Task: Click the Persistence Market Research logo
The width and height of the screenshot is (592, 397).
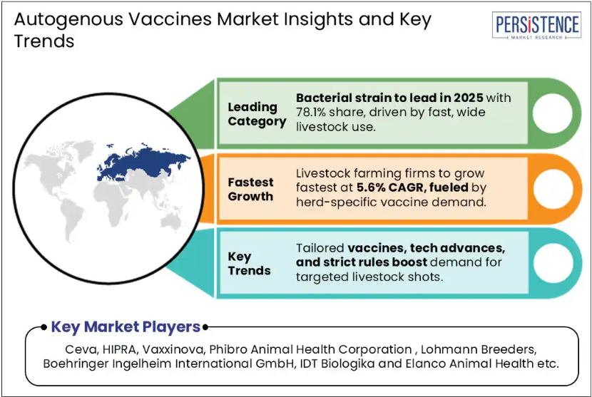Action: pyautogui.click(x=536, y=25)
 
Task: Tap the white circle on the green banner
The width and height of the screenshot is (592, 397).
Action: pyautogui.click(x=553, y=113)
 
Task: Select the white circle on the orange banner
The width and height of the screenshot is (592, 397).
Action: pyautogui.click(x=553, y=189)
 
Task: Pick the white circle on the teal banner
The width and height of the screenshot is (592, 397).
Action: pyautogui.click(x=553, y=263)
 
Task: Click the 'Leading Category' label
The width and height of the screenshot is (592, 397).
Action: pyautogui.click(x=257, y=114)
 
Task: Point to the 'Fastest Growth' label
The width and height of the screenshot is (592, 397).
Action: pyautogui.click(x=250, y=189)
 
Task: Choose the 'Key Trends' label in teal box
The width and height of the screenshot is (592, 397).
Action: pyautogui.click(x=249, y=264)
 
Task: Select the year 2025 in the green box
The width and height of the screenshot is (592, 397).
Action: pyautogui.click(x=468, y=98)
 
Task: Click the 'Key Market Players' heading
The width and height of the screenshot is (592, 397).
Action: pyautogui.click(x=126, y=327)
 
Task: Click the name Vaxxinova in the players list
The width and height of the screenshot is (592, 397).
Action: pyautogui.click(x=173, y=349)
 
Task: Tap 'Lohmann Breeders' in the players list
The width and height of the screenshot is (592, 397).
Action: pyautogui.click(x=478, y=349)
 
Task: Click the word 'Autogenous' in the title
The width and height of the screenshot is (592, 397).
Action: pyautogui.click(x=68, y=20)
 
